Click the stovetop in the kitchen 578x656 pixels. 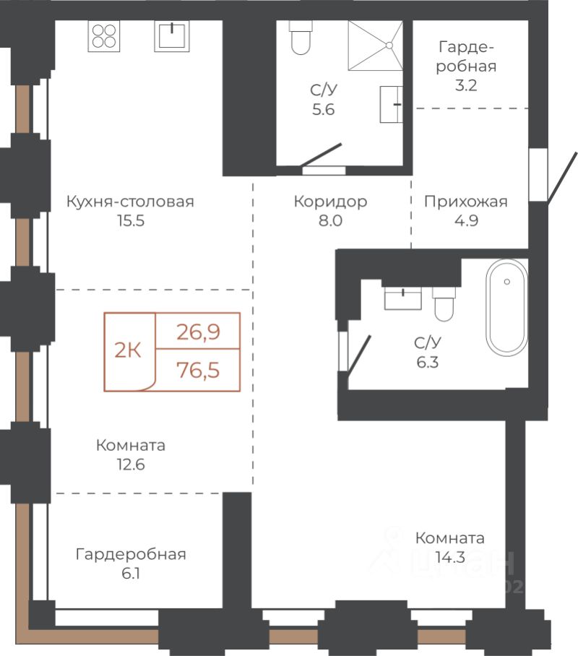104,36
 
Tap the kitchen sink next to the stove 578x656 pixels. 172,36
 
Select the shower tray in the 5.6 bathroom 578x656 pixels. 376,46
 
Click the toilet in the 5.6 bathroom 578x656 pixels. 301,38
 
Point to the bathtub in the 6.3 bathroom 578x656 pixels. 506,308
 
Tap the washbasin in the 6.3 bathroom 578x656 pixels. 402,298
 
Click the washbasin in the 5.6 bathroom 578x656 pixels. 392,104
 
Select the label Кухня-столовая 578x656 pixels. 130,202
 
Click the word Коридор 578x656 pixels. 330,202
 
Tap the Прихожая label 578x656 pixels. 466,202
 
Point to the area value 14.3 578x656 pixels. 450,557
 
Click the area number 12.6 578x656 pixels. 131,465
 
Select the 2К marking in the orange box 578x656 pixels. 128,350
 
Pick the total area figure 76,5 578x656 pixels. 198,370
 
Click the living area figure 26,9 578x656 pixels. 198,332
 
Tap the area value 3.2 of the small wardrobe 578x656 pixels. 466,85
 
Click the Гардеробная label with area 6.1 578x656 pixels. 131,554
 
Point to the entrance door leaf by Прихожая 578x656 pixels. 563,178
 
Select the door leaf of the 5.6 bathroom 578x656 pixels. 321,155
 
